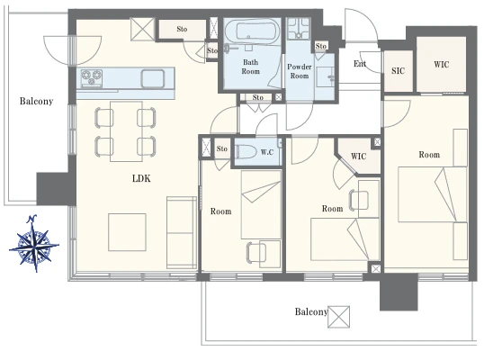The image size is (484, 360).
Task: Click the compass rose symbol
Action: (x=34, y=243)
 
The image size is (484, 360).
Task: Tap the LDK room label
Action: (x=141, y=178)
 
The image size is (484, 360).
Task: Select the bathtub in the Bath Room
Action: (x=252, y=31)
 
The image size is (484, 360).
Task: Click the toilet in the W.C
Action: (x=246, y=152)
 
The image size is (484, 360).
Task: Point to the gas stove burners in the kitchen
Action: (x=92, y=76)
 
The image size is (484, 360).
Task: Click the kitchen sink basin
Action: (x=153, y=78)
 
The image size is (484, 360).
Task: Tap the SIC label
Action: (x=398, y=71)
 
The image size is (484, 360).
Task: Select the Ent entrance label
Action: (x=360, y=64)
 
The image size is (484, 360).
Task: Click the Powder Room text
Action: (x=299, y=71)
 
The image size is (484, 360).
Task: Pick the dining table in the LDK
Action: (x=126, y=131)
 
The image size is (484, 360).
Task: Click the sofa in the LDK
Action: (x=182, y=232)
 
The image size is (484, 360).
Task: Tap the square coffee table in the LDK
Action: (x=127, y=232)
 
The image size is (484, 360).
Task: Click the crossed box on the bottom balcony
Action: (x=338, y=317)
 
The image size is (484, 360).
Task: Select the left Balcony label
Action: (x=36, y=102)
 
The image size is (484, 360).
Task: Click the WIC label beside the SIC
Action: (x=442, y=65)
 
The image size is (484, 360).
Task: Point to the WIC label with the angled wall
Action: (x=358, y=157)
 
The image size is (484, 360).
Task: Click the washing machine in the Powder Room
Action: (x=298, y=29)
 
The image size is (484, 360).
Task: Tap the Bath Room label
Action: (x=250, y=67)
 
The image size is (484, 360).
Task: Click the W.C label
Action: (x=267, y=152)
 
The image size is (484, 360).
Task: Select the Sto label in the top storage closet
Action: (x=182, y=29)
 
